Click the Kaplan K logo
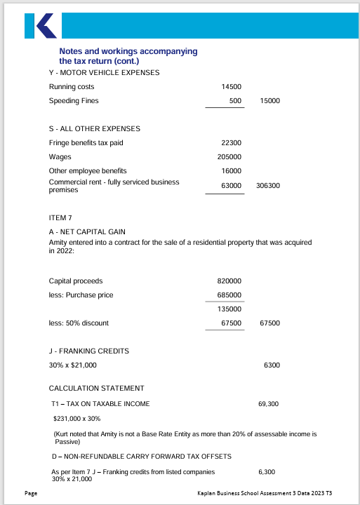40,26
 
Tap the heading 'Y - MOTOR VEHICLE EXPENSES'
104,72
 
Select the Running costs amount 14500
232,87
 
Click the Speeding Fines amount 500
236,101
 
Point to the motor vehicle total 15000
269,101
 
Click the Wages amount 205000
230,157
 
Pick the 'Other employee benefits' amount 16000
232,171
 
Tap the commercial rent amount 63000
232,186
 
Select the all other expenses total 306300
268,186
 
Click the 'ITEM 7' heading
60,217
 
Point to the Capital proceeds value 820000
230,281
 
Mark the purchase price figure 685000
230,295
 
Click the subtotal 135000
230,309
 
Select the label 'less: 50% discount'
79,323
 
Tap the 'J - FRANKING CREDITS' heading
89,351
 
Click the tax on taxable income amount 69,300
269,404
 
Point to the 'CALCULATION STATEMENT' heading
96,388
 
